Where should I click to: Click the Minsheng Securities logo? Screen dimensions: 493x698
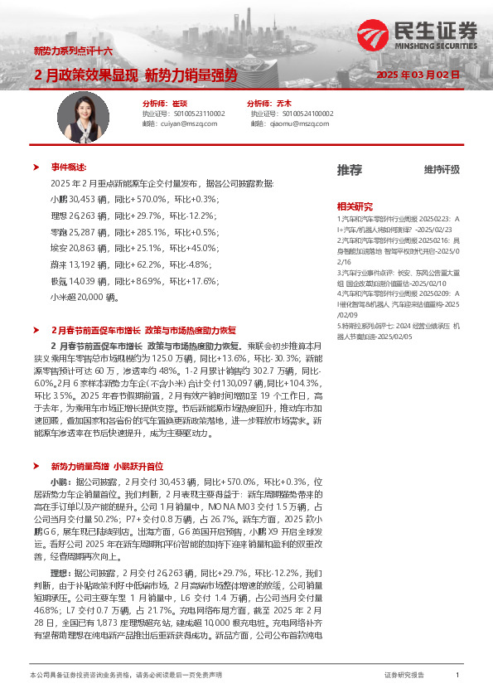(419, 35)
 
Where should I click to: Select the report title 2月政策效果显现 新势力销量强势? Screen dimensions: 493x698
(136, 75)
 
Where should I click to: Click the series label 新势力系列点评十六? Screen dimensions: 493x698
(73, 51)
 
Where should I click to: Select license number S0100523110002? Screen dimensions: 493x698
(196, 114)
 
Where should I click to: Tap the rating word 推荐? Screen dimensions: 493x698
(349, 170)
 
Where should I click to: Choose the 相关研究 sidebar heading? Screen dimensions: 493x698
(355, 206)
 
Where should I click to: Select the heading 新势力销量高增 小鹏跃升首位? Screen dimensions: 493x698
(107, 467)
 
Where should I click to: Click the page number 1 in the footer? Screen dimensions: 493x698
(457, 676)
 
